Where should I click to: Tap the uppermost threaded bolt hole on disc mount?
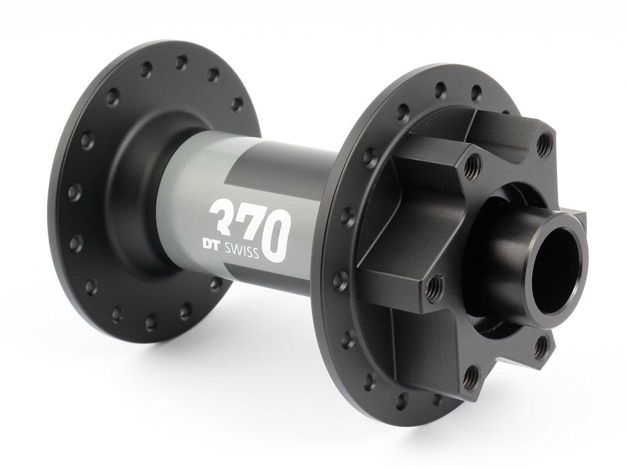point(544,142)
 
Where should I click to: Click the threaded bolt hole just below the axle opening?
point(541,347)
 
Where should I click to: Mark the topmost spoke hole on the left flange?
point(180,62)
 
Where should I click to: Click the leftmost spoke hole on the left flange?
point(74,191)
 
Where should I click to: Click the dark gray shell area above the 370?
point(282,168)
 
